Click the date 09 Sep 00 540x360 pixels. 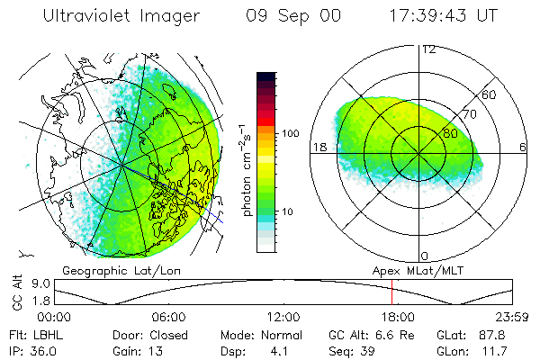coord(290,16)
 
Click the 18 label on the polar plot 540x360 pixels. coord(319,146)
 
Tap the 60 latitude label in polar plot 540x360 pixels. coord(490,94)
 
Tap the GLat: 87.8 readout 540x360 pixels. coord(476,334)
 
